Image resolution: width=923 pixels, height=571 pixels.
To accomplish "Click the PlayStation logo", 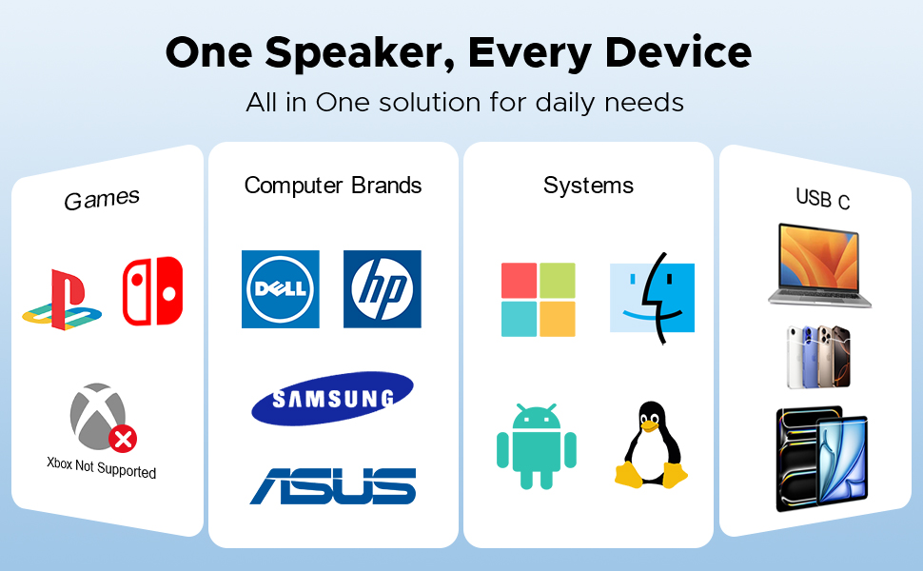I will pyautogui.click(x=62, y=299).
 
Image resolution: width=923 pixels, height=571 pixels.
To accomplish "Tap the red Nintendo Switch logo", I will pyautogui.click(x=152, y=291).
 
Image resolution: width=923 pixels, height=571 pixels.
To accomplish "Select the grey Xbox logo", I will pyautogui.click(x=97, y=414).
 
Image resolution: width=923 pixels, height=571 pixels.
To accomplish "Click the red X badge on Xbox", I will pyautogui.click(x=123, y=439).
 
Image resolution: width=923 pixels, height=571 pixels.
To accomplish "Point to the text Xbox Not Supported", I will pyautogui.click(x=102, y=467).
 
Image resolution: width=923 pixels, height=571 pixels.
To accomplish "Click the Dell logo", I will pyautogui.click(x=280, y=289).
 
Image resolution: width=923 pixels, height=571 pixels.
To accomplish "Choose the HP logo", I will pyautogui.click(x=382, y=289).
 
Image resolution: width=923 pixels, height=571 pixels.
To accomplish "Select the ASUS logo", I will pyautogui.click(x=333, y=485).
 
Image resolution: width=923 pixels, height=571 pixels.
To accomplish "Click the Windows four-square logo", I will pyautogui.click(x=539, y=299).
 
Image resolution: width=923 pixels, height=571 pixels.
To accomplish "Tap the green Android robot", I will pyautogui.click(x=537, y=446).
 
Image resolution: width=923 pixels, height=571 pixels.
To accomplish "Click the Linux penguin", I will pyautogui.click(x=651, y=445).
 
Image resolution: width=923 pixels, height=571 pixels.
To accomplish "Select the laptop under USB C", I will pyautogui.click(x=819, y=266).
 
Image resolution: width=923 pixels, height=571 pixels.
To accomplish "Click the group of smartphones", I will pyautogui.click(x=818, y=357).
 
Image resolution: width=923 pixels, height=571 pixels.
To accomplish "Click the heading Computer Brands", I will pyautogui.click(x=333, y=185).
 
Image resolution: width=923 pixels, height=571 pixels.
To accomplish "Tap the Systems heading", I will pyautogui.click(x=588, y=185).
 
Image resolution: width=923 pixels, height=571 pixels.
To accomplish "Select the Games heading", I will pyautogui.click(x=102, y=199).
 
